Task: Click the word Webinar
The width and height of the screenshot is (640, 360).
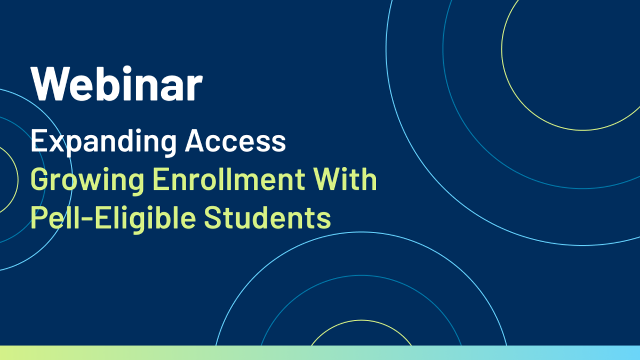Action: [117, 83]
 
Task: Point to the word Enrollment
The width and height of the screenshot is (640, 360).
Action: [229, 179]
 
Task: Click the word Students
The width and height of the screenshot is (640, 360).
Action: [267, 218]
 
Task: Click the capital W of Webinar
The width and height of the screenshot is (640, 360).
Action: [51, 84]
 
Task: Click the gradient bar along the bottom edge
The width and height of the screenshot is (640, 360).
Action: [320, 353]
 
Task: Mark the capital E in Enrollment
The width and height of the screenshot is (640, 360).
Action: [161, 179]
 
